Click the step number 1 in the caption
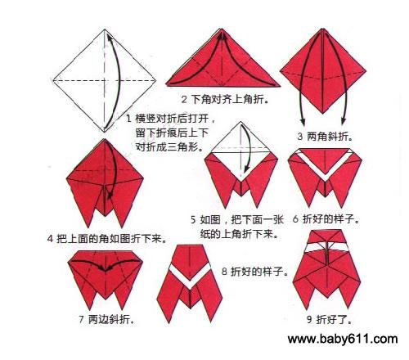129,119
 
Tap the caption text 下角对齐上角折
230,99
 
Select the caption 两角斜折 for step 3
330,136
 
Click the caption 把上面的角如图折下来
112,239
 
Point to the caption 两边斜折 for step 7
111,319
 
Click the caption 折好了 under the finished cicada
334,319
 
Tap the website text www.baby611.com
343,339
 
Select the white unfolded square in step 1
105,81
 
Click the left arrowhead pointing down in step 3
303,122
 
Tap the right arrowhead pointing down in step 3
344,121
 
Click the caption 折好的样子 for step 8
259,272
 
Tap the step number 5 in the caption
193,219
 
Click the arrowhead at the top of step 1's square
109,38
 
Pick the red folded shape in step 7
106,278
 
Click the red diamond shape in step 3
323,71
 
